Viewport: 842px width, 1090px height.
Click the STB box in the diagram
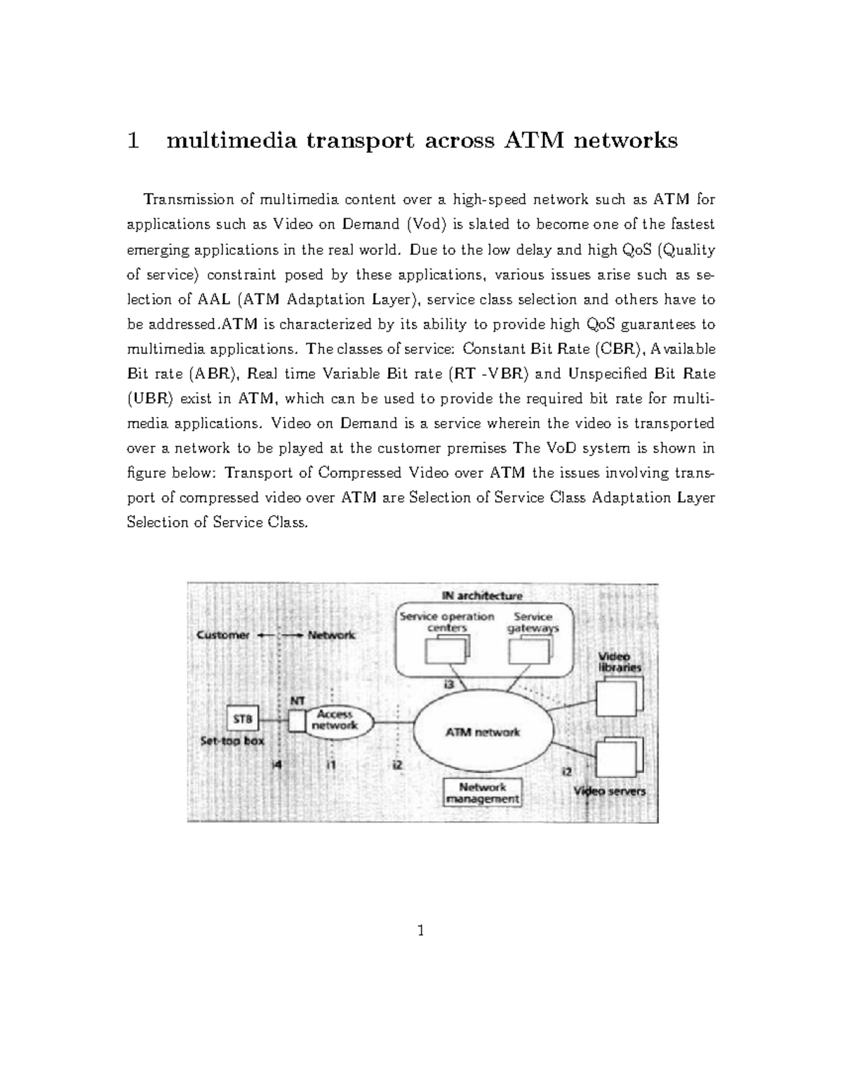tap(243, 719)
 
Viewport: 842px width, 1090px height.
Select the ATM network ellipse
tap(483, 731)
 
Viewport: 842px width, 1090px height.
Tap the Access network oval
tap(335, 720)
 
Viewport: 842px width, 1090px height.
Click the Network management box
tap(483, 792)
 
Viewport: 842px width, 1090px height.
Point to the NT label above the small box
tap(298, 700)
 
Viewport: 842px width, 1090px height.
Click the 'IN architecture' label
tap(482, 596)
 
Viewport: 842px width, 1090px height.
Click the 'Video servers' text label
tap(610, 791)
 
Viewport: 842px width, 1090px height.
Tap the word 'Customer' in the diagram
tap(223, 635)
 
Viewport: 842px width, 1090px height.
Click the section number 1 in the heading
tap(133, 141)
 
